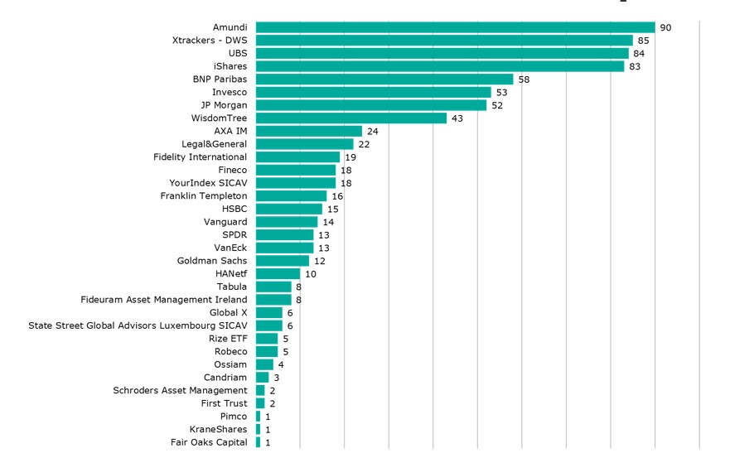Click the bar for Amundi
(455, 27)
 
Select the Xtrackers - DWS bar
(444, 40)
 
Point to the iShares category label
(230, 66)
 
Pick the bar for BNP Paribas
(384, 80)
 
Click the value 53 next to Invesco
(501, 93)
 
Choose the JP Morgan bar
(371, 105)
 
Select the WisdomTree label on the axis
(219, 118)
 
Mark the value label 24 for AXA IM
(372, 131)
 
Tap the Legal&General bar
(305, 144)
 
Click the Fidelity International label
(200, 157)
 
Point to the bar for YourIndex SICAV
(296, 183)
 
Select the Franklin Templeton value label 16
(337, 196)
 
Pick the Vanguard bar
(287, 222)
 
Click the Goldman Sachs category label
(211, 261)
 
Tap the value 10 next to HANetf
(311, 274)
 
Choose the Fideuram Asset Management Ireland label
(163, 300)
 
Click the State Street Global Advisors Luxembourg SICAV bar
(269, 325)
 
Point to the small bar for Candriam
(263, 378)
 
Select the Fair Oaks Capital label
(209, 442)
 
